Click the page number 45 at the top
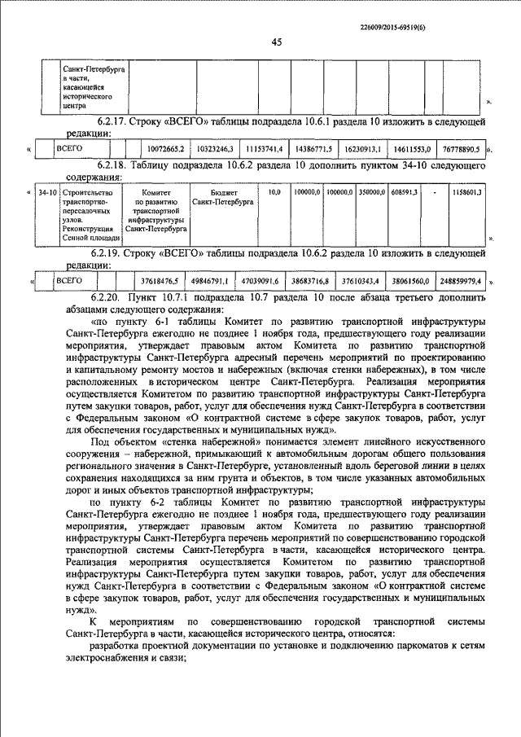point(276,43)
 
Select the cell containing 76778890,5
point(463,151)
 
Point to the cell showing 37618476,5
point(160,280)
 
